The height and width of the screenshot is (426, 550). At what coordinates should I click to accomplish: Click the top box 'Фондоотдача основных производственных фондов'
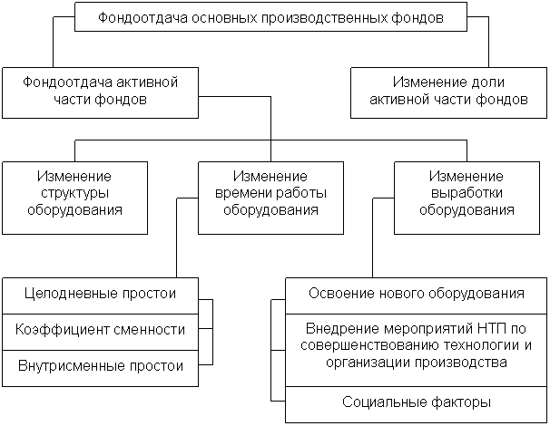pyautogui.click(x=270, y=17)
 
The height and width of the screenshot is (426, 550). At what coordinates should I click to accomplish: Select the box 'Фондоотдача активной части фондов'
pyautogui.click(x=101, y=92)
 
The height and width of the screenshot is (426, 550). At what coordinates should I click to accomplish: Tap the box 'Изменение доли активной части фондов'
pyautogui.click(x=448, y=92)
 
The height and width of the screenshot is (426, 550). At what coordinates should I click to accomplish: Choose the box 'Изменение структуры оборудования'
pyautogui.click(x=74, y=198)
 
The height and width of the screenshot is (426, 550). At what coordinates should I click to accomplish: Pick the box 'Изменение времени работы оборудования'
pyautogui.click(x=270, y=198)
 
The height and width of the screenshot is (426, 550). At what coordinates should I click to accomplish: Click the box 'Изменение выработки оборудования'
pyautogui.click(x=467, y=198)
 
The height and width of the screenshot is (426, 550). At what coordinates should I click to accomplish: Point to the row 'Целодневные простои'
pyautogui.click(x=101, y=296)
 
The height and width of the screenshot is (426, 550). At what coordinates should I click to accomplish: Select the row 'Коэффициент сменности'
pyautogui.click(x=101, y=332)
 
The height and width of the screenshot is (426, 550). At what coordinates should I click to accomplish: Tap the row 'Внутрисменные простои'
pyautogui.click(x=101, y=368)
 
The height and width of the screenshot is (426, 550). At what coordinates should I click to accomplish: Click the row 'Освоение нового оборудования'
pyautogui.click(x=417, y=296)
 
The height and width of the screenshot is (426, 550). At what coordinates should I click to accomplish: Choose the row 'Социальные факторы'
pyautogui.click(x=417, y=404)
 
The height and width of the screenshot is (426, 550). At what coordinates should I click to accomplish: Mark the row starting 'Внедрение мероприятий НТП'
pyautogui.click(x=417, y=351)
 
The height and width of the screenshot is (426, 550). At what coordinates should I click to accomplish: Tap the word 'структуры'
pyautogui.click(x=74, y=193)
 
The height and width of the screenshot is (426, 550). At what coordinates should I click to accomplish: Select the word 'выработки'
pyautogui.click(x=467, y=193)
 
